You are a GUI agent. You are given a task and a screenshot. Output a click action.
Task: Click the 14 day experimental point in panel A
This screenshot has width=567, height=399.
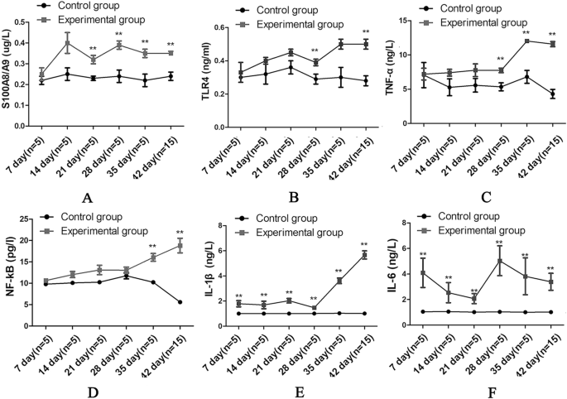tap(68, 43)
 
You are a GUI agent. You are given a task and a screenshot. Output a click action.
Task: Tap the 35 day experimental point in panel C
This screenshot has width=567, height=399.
tap(526, 41)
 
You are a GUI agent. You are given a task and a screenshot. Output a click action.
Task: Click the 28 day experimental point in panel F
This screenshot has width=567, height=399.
tap(499, 262)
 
